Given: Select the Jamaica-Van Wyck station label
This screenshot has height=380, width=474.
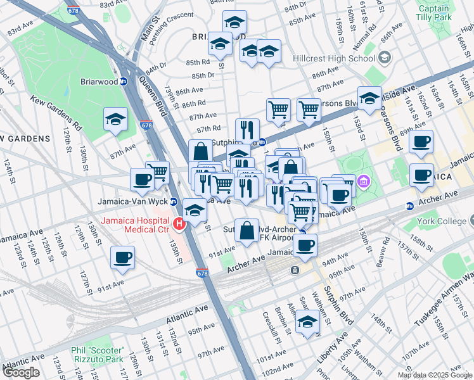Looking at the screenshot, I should click(x=132, y=201).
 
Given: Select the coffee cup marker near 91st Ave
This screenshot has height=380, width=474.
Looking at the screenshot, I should click(x=122, y=258).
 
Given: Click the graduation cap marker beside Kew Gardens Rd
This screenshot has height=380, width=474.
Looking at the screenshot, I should click(x=115, y=119).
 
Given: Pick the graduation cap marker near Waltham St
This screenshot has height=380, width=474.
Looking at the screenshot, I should click(x=308, y=322).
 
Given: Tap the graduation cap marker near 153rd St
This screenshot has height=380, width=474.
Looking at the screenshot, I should click(x=369, y=98).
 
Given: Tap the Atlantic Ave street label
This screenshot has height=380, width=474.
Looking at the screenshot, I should click(x=187, y=312).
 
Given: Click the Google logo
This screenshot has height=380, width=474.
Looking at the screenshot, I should click(x=22, y=372).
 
